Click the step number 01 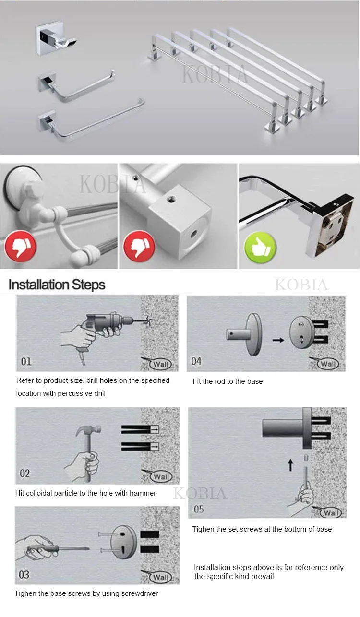[x=26, y=361]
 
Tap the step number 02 [x=24, y=474]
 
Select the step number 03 [x=24, y=574]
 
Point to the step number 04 [x=196, y=361]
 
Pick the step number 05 [x=199, y=509]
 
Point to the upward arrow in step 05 [x=290, y=465]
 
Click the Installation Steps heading [x=57, y=285]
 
